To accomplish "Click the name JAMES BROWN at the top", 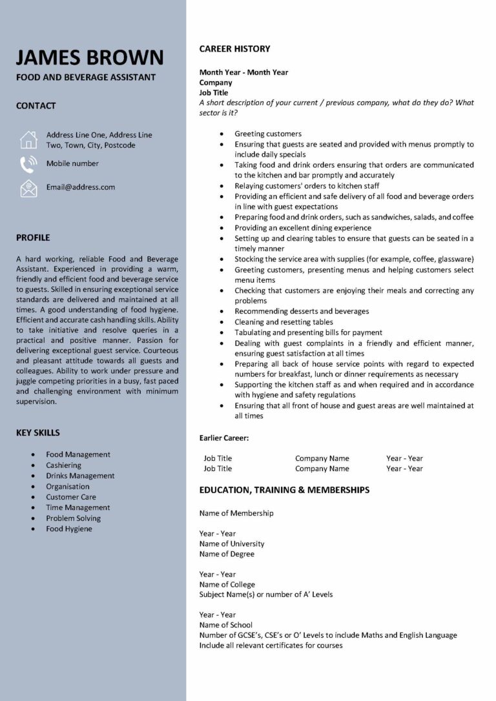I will pos(90,57).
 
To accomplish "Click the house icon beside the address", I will pos(28,140).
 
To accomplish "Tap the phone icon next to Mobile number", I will pos(28,164).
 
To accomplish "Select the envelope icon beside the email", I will pos(28,188).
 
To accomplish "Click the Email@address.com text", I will pos(80,187).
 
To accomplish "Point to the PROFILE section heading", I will pos(33,238).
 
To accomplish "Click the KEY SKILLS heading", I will pos(38,432).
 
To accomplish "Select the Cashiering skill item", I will pos(63,465).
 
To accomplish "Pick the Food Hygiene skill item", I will pos(69,529).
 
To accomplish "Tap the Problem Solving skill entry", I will pos(73,518).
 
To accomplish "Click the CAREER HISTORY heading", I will pos(234,49).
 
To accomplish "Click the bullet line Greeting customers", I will pos(268,134).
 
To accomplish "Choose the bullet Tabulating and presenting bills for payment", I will pos(308,332).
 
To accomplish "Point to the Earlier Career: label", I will pos(224,438).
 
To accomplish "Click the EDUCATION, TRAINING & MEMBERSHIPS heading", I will pos(284,490).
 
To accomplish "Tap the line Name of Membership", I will pos(236,513).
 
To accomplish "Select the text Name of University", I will pos(232,544).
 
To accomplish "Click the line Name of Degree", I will pos(227,554).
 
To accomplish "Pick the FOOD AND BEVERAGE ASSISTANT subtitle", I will pos(86,77).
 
